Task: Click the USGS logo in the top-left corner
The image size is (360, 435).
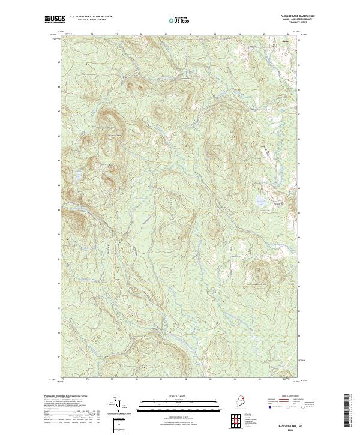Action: [55, 20]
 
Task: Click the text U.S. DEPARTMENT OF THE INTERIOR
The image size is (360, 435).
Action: [91, 17]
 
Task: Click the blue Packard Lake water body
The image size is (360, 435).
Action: [259, 202]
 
